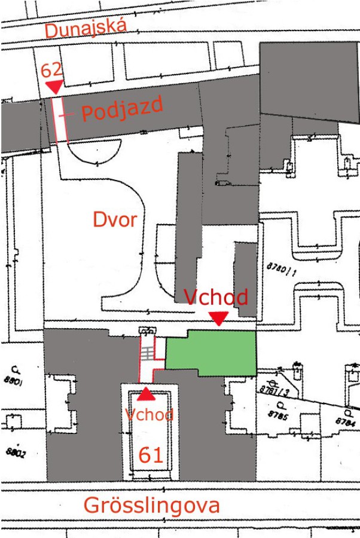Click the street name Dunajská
[86, 28]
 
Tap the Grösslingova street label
[151, 505]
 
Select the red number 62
[51, 71]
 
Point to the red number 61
[151, 456]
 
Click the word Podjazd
[122, 109]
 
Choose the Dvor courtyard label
[115, 220]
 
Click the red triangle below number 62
[54, 87]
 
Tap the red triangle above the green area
[219, 318]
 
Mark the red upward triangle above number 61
[147, 394]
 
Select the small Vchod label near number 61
[150, 414]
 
